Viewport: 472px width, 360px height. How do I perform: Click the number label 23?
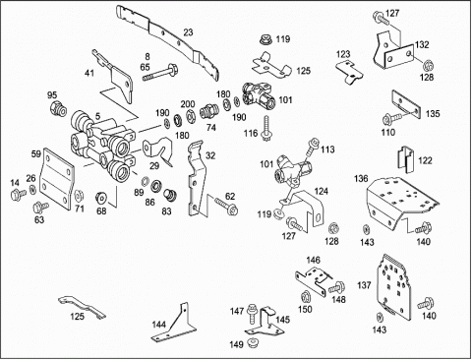(x=188, y=32)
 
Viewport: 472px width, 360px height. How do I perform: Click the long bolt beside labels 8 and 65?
(x=161, y=73)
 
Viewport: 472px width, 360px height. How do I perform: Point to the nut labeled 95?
(x=58, y=108)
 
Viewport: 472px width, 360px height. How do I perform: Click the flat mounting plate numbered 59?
(x=58, y=179)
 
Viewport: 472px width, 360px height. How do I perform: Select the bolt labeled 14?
(x=18, y=195)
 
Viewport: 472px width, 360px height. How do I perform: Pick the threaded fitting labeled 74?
(x=208, y=112)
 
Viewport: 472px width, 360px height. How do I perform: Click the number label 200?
(x=188, y=104)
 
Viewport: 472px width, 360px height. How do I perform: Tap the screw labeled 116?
(x=266, y=129)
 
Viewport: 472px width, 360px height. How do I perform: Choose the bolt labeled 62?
(x=226, y=206)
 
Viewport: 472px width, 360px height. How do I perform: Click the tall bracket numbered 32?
(x=198, y=179)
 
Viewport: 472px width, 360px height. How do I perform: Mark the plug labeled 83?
(x=170, y=195)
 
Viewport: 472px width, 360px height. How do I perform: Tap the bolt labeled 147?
(x=252, y=313)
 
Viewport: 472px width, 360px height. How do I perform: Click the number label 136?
(x=361, y=179)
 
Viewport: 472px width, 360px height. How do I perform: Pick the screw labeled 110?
(x=391, y=118)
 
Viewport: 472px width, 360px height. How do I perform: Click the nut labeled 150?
(x=305, y=296)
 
